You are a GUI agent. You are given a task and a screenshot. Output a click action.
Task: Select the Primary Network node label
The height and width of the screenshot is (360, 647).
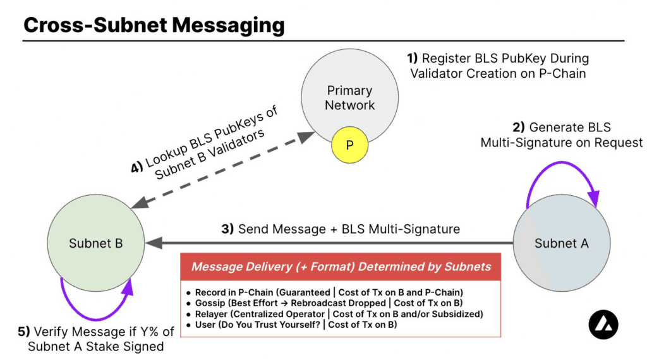pos(349,98)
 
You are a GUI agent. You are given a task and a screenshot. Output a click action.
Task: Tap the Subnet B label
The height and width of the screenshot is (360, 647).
pos(96,243)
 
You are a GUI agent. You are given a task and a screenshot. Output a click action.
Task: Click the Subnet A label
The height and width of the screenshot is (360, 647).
pos(561,243)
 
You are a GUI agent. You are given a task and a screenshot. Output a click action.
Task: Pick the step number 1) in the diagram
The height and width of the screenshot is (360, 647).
pos(413,58)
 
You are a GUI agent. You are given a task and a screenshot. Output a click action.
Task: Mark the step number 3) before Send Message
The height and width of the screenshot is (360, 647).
pos(227,229)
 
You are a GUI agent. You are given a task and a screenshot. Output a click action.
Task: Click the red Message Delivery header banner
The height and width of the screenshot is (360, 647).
pos(341,267)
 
